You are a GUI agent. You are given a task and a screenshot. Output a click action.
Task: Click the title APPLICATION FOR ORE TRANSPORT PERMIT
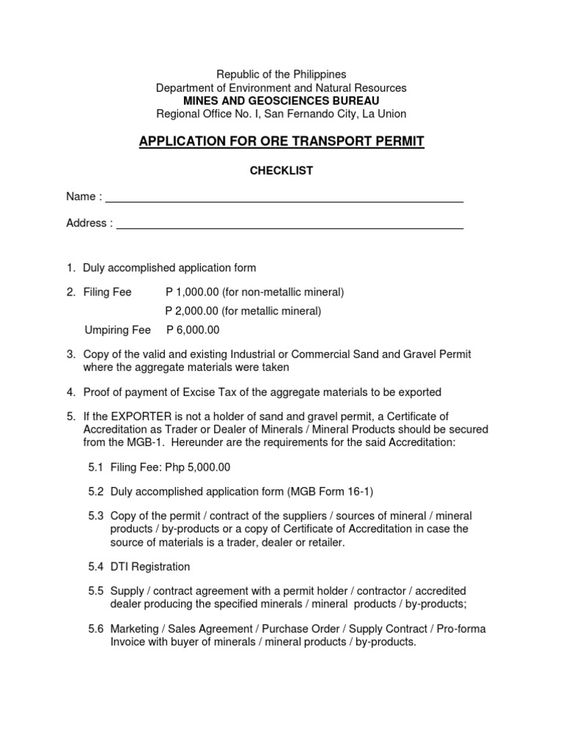pos(281,141)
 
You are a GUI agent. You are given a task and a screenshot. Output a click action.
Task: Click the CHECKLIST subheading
pos(281,170)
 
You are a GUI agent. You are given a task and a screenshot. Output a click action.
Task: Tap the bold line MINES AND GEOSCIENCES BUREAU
pos(281,100)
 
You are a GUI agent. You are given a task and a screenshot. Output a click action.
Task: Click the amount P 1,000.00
pos(192,292)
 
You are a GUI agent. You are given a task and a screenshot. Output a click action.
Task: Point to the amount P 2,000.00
pos(192,311)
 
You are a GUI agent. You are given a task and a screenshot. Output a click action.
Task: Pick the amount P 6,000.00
pos(193,330)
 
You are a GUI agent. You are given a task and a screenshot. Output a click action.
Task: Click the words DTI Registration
pos(150,566)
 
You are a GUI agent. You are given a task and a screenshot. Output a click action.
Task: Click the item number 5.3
pos(96,516)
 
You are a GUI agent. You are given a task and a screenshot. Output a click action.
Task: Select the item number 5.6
pos(96,629)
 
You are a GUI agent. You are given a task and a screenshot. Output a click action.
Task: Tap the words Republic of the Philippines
pos(281,74)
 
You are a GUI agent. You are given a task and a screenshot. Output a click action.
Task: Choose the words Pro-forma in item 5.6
pos(460,629)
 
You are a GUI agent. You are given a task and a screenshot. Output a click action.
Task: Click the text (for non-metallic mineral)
pos(283,292)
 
